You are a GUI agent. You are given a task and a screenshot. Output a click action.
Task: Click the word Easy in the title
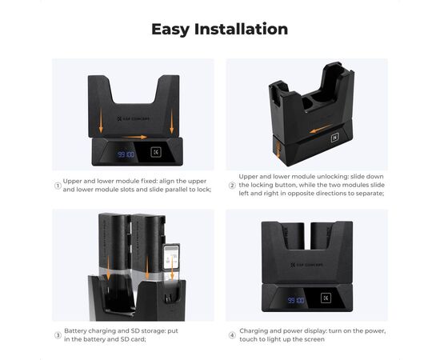click(x=170, y=30)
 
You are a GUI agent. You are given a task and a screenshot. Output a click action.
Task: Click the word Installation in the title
click(x=241, y=29)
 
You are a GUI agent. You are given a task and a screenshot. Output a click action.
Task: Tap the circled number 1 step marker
click(x=58, y=186)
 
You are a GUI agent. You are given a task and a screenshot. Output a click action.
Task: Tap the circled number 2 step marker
click(x=232, y=186)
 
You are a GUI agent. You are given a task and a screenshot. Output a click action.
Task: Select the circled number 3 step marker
click(x=58, y=335)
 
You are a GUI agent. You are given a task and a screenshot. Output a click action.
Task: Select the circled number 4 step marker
click(x=232, y=335)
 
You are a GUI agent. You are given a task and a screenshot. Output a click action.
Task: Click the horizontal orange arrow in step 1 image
click(x=134, y=138)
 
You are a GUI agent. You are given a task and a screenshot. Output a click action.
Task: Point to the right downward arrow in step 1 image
click(x=172, y=122)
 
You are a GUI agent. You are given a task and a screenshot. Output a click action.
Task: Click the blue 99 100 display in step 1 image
click(x=126, y=154)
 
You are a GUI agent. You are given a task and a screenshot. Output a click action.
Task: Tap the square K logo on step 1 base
click(x=156, y=152)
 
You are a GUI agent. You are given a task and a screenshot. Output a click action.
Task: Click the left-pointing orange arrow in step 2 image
click(x=321, y=129)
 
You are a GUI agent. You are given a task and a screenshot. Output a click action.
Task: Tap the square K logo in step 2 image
click(x=335, y=138)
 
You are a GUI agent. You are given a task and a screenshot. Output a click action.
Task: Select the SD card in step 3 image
click(x=171, y=258)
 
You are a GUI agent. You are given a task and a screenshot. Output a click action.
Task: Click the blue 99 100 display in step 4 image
click(x=296, y=301)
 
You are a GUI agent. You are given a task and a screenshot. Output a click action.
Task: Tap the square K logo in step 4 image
click(x=326, y=298)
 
